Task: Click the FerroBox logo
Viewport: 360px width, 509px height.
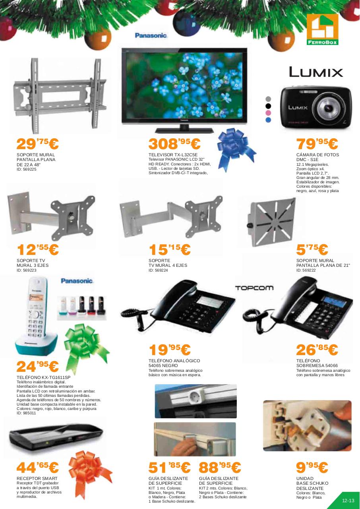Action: [x=322, y=29]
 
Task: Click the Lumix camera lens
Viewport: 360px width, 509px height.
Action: [x=329, y=108]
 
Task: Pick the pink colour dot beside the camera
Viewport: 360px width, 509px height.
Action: [x=268, y=113]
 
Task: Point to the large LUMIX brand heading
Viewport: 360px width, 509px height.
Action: [x=316, y=72]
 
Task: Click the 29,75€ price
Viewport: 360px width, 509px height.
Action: [x=37, y=144]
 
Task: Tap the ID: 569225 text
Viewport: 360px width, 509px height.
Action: [x=26, y=169]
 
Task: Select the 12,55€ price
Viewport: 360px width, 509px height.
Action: [x=37, y=250]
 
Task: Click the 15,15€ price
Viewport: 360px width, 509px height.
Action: [x=170, y=250]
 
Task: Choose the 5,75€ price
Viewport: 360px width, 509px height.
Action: [x=312, y=250]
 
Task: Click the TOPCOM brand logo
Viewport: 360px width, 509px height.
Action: [x=254, y=288]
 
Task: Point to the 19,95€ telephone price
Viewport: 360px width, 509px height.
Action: [x=170, y=350]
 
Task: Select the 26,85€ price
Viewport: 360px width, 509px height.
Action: [x=317, y=350]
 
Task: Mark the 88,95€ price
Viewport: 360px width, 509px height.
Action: [x=220, y=468]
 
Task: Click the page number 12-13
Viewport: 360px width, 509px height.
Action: [x=348, y=501]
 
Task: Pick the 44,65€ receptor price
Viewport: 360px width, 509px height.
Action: [x=37, y=468]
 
